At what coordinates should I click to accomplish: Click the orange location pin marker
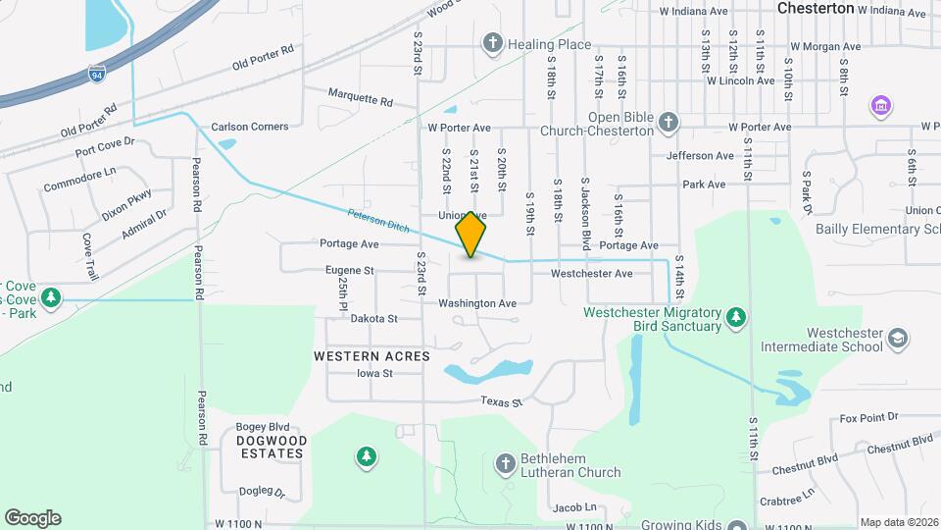[471, 234]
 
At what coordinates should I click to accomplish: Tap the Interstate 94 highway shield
[96, 73]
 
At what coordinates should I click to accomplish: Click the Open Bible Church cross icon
[669, 122]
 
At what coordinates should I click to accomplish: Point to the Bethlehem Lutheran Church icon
[505, 462]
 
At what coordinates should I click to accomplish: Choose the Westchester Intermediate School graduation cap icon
[898, 340]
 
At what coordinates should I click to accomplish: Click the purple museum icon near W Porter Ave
[880, 105]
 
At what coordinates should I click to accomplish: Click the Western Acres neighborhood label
[371, 356]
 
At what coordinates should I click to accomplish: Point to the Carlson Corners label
[250, 127]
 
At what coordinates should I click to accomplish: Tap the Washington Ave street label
[477, 303]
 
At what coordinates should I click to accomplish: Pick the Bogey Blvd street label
[263, 427]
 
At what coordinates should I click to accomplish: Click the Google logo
[32, 518]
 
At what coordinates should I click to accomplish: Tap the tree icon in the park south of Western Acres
[367, 455]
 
